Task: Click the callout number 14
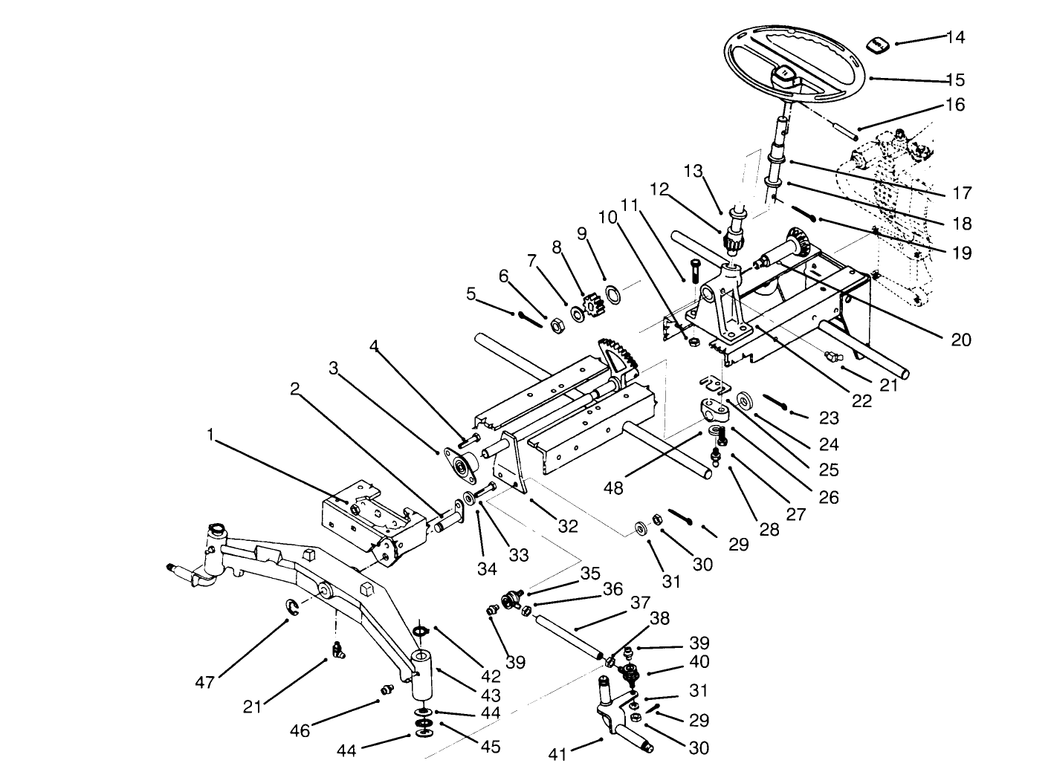pyautogui.click(x=955, y=37)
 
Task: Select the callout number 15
pyautogui.click(x=955, y=80)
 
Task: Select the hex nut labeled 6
pyautogui.click(x=555, y=324)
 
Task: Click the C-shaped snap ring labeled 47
pyautogui.click(x=294, y=608)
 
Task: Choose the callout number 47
pyautogui.click(x=204, y=683)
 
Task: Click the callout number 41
pyautogui.click(x=557, y=754)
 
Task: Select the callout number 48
pyautogui.click(x=614, y=488)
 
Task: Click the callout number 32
pyautogui.click(x=568, y=526)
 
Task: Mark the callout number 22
pyautogui.click(x=861, y=400)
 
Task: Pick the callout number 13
pyautogui.click(x=693, y=172)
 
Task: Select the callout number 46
pyautogui.click(x=300, y=730)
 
